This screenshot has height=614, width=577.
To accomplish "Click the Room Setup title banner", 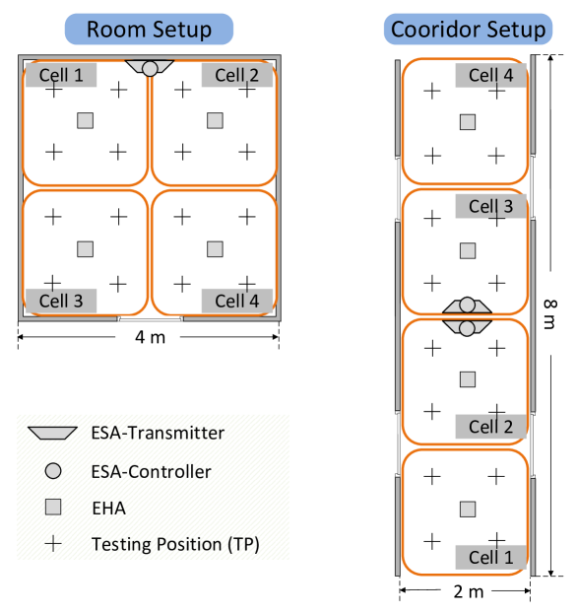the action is click(x=149, y=29).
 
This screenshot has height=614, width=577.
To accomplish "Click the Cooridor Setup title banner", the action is click(x=468, y=29).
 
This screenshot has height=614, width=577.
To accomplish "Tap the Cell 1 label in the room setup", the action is click(x=61, y=75).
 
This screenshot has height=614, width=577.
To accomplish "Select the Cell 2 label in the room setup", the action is click(x=237, y=75).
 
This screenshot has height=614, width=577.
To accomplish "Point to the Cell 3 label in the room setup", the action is click(x=61, y=301).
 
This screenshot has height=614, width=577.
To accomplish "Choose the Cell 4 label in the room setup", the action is click(x=237, y=301).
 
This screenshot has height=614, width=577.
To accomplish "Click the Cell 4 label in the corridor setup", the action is click(x=491, y=75).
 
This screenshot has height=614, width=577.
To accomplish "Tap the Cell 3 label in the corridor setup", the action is click(x=491, y=206).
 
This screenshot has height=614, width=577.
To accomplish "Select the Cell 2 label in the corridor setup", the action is click(x=491, y=427).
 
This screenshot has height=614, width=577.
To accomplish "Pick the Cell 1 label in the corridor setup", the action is click(x=491, y=557).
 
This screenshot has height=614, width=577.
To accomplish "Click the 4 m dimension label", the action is click(x=151, y=337).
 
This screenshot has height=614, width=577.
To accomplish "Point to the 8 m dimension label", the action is click(x=550, y=314).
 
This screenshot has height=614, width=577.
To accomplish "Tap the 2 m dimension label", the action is click(x=469, y=591).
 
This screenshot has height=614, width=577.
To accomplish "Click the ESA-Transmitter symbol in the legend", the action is click(x=52, y=433).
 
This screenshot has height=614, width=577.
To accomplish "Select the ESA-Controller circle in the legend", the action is click(x=53, y=471).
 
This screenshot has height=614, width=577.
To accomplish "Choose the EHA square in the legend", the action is click(x=53, y=508).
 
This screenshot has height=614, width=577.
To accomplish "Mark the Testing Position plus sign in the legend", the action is click(x=53, y=544).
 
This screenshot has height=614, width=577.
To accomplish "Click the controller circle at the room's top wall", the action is click(x=150, y=69).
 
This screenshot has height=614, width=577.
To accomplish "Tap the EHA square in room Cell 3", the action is click(x=86, y=249).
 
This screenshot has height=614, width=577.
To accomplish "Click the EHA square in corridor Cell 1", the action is click(x=468, y=510).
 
